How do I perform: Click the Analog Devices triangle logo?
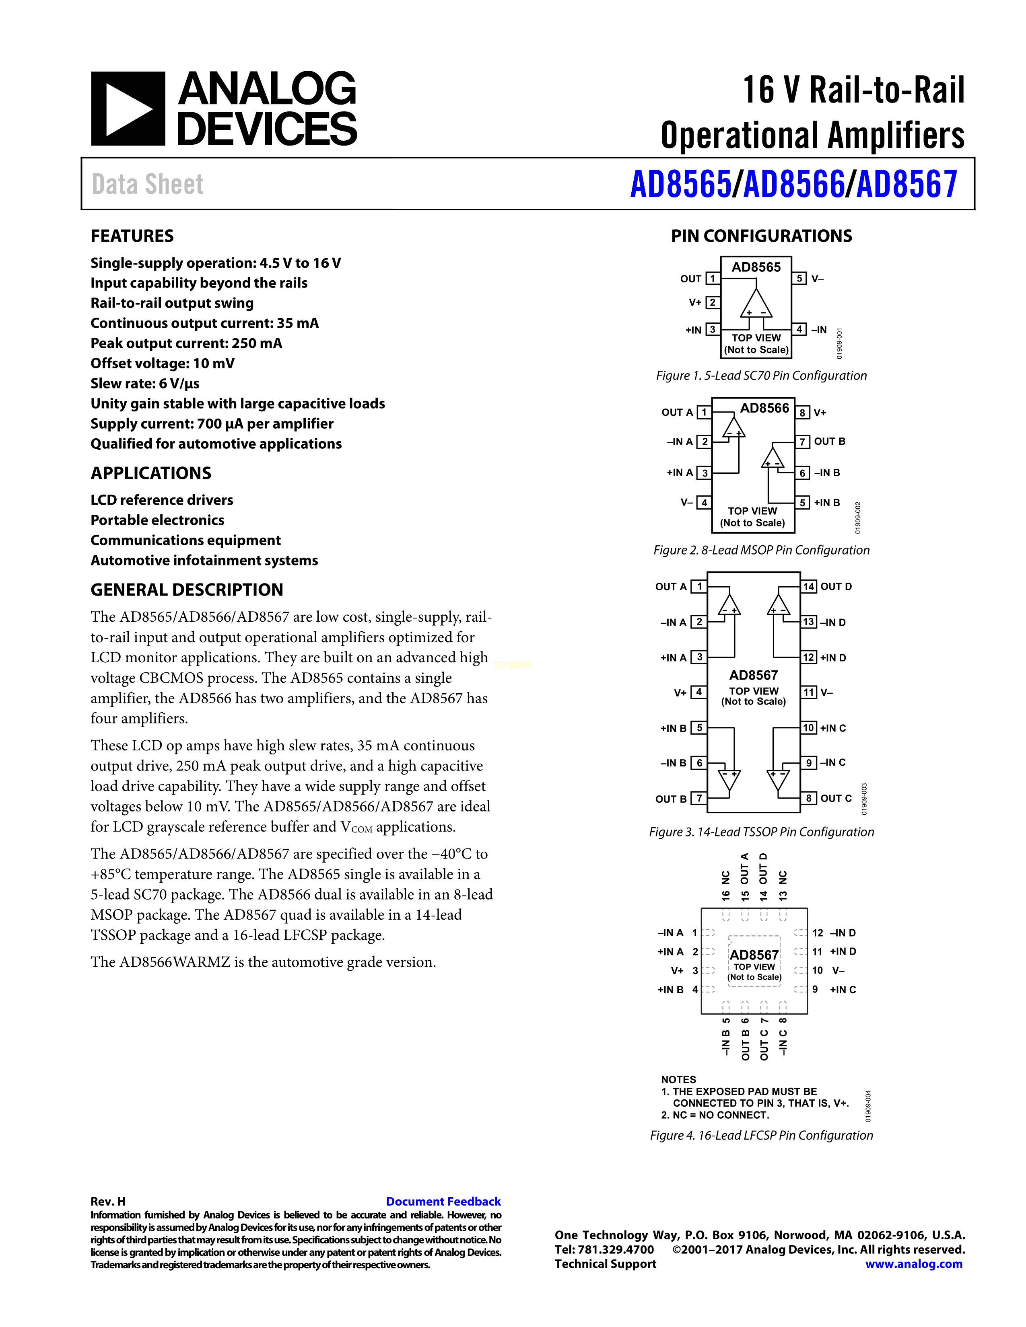point(128,109)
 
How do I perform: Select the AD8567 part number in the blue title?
point(907,184)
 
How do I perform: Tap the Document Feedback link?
point(443,1201)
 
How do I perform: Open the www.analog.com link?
point(914,1264)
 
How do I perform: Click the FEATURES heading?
point(132,236)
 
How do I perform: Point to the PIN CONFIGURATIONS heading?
point(761,236)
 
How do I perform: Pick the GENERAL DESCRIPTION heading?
point(187,590)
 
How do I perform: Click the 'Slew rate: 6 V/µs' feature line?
point(145,383)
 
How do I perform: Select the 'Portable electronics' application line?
point(157,520)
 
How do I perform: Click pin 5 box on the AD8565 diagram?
point(800,278)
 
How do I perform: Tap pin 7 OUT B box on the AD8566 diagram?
point(802,442)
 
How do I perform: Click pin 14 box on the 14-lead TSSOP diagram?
point(808,586)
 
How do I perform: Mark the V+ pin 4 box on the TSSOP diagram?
point(699,692)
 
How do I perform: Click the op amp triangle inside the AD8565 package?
point(756,304)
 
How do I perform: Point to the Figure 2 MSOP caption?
point(761,550)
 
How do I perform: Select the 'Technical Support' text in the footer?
point(606,1264)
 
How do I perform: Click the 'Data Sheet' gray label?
point(147,184)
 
